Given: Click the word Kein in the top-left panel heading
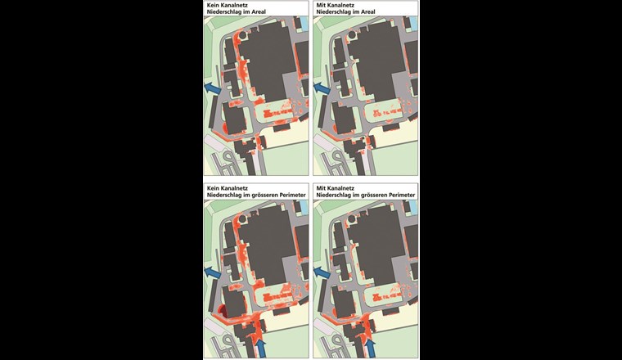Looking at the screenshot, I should pos(213,6).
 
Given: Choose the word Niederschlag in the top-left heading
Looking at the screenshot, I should pos(226,14).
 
